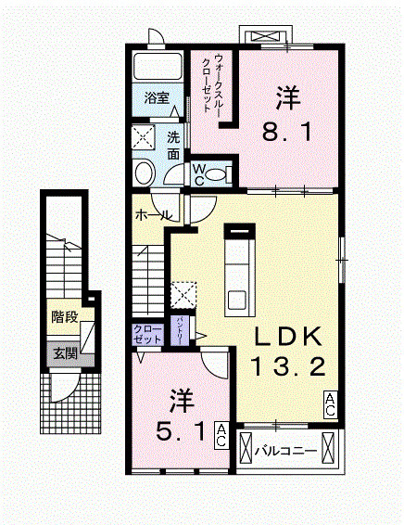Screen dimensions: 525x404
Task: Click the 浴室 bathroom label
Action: tap(156, 97)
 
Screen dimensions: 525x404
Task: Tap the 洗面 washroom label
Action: tap(173, 144)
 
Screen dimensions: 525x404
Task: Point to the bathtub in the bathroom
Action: tap(157, 67)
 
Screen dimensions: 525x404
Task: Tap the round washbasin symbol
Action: tap(144, 173)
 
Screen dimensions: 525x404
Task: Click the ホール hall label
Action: tap(152, 215)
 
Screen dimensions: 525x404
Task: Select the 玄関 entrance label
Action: tap(65, 352)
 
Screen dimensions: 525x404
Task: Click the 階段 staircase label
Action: tap(65, 319)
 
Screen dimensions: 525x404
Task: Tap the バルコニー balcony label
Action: tap(286, 452)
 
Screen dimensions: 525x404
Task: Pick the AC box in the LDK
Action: tap(330, 402)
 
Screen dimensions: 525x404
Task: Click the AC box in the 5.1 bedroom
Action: tap(222, 435)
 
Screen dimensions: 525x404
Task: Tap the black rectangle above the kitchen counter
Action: tap(240, 226)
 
